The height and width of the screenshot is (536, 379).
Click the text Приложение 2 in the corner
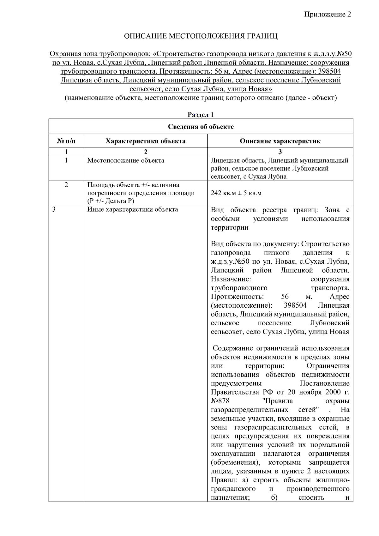tap(328, 15)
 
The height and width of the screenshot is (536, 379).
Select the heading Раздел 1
tap(201, 115)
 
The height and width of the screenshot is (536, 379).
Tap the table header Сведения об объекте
tap(201, 127)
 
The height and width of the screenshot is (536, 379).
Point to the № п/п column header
tap(66, 141)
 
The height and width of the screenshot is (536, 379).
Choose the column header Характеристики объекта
tap(145, 141)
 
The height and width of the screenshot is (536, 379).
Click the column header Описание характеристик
tap(280, 141)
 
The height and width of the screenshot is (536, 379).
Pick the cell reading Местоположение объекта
tap(126, 160)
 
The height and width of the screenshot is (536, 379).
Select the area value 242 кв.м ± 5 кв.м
tap(236, 193)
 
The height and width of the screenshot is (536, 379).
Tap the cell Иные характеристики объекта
tap(133, 209)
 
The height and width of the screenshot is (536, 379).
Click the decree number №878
tap(220, 401)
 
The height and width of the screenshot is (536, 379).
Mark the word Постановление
tap(324, 383)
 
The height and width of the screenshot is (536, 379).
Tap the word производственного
tap(318, 489)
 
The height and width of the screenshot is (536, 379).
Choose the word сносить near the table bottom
tap(311, 498)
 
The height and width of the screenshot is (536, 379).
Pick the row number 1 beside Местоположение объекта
tap(66, 160)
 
